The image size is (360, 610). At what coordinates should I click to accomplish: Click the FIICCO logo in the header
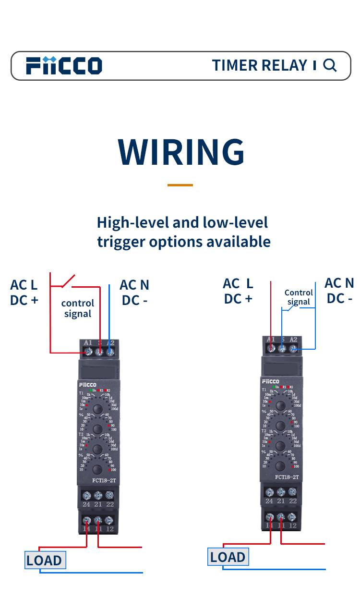[x=64, y=65]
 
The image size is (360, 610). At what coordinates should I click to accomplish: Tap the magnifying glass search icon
[x=330, y=65]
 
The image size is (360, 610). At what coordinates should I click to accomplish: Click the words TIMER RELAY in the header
[x=260, y=65]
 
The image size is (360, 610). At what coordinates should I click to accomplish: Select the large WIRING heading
[x=181, y=152]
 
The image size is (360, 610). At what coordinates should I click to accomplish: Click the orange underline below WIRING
[x=180, y=185]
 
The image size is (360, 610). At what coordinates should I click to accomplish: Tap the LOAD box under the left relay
[x=45, y=560]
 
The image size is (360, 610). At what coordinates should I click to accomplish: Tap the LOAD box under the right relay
[x=228, y=557]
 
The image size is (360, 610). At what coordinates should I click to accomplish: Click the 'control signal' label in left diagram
[x=77, y=308]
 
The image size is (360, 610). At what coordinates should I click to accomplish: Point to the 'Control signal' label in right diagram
[x=299, y=297]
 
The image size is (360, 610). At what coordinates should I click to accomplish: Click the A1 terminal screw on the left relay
[x=88, y=352]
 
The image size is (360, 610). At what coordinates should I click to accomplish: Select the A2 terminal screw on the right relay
[x=293, y=348]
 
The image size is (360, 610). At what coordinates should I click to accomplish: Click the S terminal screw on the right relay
[x=282, y=348]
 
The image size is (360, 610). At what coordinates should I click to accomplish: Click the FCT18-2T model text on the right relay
[x=287, y=477]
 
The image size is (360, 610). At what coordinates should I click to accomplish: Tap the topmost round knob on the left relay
[x=97, y=409]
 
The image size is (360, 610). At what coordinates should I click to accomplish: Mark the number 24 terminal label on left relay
[x=86, y=504]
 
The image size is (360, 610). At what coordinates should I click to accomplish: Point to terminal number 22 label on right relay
[x=293, y=501]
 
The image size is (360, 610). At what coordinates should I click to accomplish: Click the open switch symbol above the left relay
[x=68, y=281]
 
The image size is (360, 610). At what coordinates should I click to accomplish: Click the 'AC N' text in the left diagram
[x=134, y=285]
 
